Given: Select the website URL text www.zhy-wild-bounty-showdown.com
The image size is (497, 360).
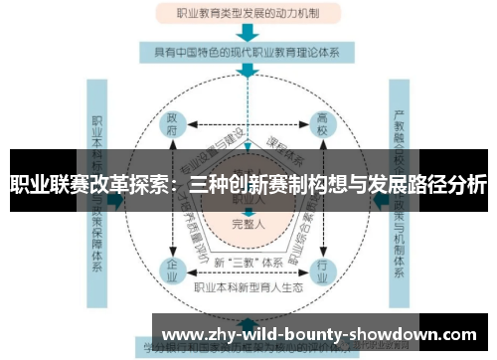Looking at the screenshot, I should coord(319,334).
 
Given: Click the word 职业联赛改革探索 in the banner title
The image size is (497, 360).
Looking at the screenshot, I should coord(88,184).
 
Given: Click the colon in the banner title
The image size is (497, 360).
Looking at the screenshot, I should coord(175,186).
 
